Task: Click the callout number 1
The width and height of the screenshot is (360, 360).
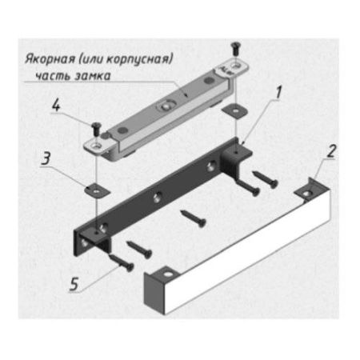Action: pos(278,93)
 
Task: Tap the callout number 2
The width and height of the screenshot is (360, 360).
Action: pos(331,151)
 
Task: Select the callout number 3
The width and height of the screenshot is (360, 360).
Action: pos(46,158)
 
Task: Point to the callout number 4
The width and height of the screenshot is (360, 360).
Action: pos(56,105)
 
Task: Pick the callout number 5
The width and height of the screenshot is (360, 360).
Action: pos(74,284)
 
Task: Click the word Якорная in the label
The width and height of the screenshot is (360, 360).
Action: pos(50,59)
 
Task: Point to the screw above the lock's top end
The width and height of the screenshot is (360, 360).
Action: pos(236,49)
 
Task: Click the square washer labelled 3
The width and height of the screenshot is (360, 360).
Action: pos(98,190)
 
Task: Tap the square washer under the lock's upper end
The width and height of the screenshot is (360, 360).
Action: pos(234,110)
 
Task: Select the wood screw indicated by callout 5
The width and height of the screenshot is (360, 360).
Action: pos(122,262)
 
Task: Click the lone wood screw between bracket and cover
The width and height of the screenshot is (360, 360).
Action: pos(194,218)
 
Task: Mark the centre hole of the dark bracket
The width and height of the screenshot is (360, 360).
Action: pos(158,196)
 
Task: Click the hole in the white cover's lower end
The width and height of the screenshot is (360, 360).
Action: pos(168,274)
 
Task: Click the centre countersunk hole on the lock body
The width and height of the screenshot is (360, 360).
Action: pos(166,106)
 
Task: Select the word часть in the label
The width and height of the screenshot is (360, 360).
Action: pos(52,76)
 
